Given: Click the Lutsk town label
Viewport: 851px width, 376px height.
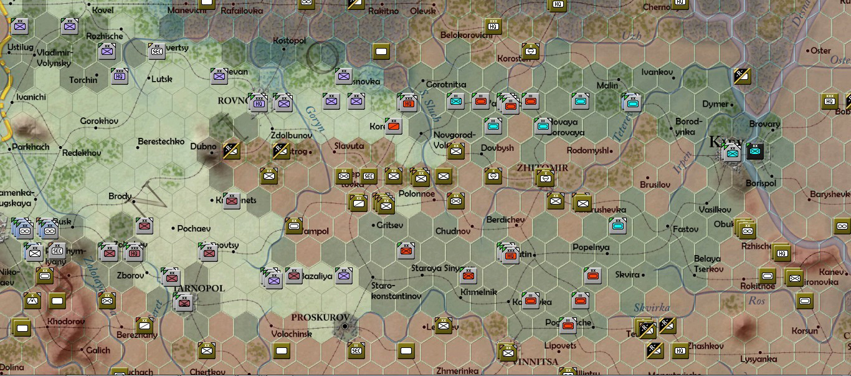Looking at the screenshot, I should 161,79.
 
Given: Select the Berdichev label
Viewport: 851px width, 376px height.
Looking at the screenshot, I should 506,219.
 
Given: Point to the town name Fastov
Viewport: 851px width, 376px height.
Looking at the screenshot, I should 685,229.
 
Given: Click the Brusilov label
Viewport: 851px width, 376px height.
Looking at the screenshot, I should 655,185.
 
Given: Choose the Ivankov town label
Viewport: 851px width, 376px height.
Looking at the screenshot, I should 657,72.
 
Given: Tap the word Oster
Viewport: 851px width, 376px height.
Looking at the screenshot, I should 820,51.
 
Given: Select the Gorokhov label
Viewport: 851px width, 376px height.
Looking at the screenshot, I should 99,120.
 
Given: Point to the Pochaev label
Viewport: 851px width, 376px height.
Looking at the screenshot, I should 194,229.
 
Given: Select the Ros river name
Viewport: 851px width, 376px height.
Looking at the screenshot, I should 756,300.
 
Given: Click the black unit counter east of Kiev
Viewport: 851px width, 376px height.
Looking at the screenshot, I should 755,151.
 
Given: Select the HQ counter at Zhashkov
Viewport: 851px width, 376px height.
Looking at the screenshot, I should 680,351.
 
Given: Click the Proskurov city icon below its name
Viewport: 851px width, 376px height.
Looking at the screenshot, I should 345,327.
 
